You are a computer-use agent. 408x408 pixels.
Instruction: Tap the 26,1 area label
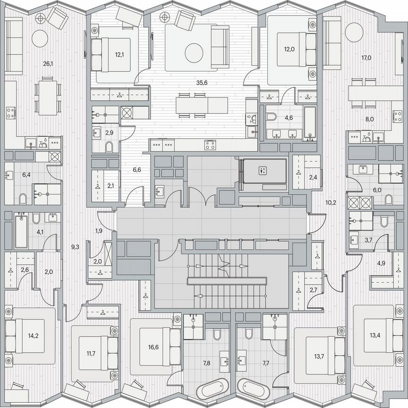pyautogui.click(x=48, y=64)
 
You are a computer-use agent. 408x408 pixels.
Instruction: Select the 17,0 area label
pyautogui.click(x=366, y=59)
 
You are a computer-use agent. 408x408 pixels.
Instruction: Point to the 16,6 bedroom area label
pyautogui.click(x=153, y=347)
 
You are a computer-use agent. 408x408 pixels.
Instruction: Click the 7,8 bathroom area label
pyautogui.click(x=207, y=363)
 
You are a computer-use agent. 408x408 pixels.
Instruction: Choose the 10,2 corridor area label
pyautogui.click(x=331, y=204)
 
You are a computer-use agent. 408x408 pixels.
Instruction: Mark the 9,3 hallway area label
pyautogui.click(x=75, y=246)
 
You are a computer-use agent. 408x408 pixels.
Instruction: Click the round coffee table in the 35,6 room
pyautogui.click(x=194, y=52)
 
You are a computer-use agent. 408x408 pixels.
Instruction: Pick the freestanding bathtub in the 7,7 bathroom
pyautogui.click(x=253, y=391)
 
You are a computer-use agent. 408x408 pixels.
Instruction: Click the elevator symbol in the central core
pyautogui.click(x=263, y=170)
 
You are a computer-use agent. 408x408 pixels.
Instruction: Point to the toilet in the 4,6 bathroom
pyautogui.click(x=272, y=117)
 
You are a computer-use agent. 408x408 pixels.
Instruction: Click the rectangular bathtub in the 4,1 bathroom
pyautogui.click(x=21, y=231)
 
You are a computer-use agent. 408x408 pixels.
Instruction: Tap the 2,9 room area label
pyautogui.click(x=109, y=133)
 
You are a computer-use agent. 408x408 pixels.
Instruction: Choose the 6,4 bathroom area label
pyautogui.click(x=26, y=175)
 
